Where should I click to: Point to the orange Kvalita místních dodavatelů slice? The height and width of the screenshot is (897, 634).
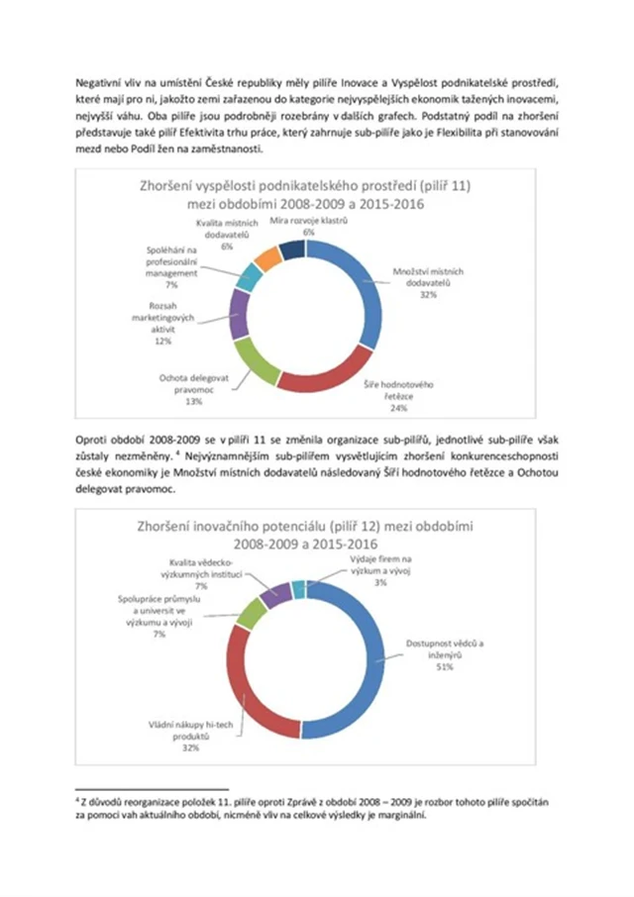tap(267, 259)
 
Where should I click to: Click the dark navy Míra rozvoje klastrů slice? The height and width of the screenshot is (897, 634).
tap(292, 249)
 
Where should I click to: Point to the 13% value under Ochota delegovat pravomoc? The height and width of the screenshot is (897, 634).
tap(193, 402)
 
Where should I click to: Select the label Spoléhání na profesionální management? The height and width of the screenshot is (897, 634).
tap(171, 263)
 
